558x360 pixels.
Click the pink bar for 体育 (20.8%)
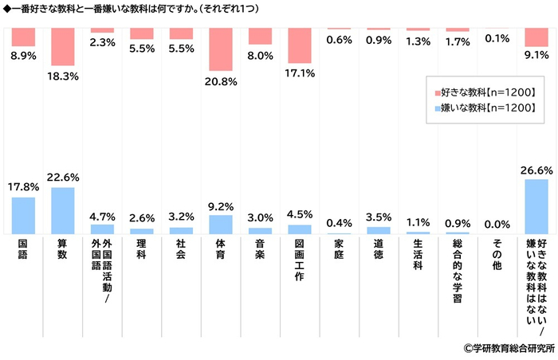pos(220,49)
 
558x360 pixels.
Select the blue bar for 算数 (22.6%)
pos(62,210)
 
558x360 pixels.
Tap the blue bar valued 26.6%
pos(536,206)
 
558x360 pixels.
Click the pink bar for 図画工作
pos(299,45)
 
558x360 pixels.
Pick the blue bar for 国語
pos(23,215)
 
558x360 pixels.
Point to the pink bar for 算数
pos(62,46)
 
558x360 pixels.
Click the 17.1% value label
pos(300,73)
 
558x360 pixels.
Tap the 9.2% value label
pos(221,204)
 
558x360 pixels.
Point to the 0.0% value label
pos(497,224)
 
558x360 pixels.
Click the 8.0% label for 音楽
pos(261,56)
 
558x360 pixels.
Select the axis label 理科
pos(141,248)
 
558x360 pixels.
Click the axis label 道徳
pos(378,248)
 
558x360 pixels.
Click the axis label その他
pos(496,253)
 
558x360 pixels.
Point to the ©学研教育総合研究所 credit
pos(508,348)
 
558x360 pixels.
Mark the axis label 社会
pos(181,248)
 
